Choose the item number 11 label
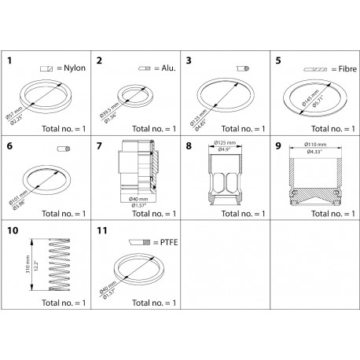click(x=101, y=233)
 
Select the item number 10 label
click(x=13, y=233)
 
